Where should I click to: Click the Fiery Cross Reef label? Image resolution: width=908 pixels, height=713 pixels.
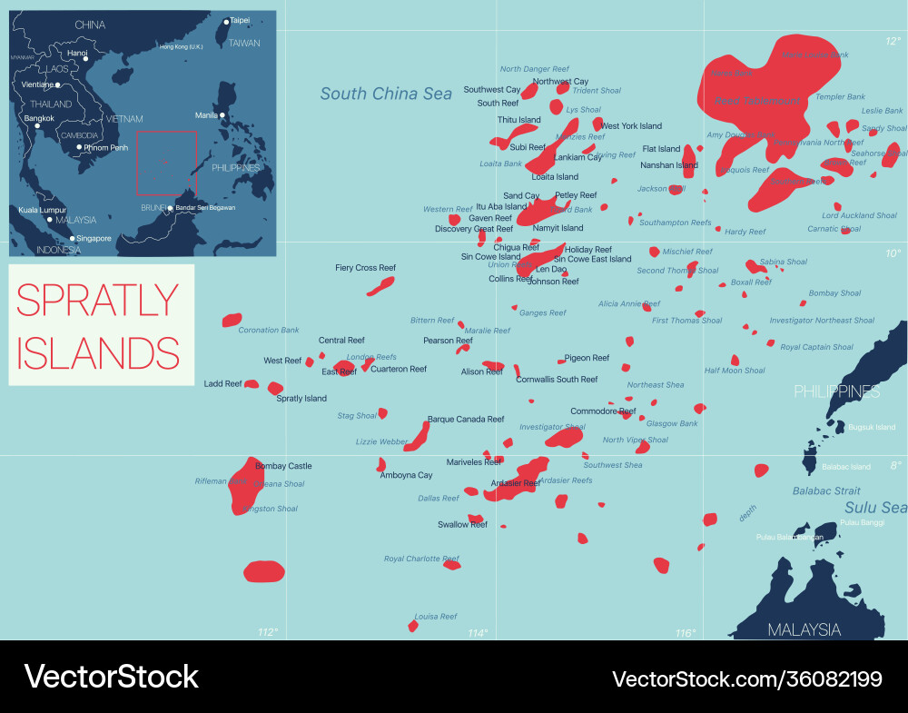tap(365, 268)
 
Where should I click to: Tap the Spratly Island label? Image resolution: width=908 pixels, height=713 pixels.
tap(301, 398)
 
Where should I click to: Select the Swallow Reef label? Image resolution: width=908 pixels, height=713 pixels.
tap(462, 524)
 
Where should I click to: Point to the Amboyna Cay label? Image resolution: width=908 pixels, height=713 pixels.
tap(406, 475)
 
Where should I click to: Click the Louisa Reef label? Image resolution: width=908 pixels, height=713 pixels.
tap(436, 617)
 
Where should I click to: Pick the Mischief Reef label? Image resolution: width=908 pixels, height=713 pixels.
tap(687, 252)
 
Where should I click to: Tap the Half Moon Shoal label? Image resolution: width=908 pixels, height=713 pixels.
tap(735, 371)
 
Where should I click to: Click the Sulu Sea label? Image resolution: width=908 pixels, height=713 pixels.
tap(875, 508)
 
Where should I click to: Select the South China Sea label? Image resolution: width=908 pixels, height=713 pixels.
tap(386, 94)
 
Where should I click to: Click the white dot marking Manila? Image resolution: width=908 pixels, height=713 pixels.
tap(222, 115)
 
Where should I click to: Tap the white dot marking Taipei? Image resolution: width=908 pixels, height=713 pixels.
tap(226, 21)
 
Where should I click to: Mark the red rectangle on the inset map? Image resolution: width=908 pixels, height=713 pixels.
tap(166, 163)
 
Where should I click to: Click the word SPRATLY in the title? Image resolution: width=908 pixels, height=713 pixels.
tap(98, 301)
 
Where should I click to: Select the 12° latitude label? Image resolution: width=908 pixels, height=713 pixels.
tap(893, 41)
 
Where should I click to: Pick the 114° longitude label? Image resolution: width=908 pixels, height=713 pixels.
tap(478, 632)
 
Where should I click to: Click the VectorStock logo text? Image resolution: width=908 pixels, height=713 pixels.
tap(111, 677)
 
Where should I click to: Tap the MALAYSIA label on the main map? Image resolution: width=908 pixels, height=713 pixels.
tap(804, 629)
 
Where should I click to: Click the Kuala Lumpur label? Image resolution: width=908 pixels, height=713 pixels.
tap(44, 210)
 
